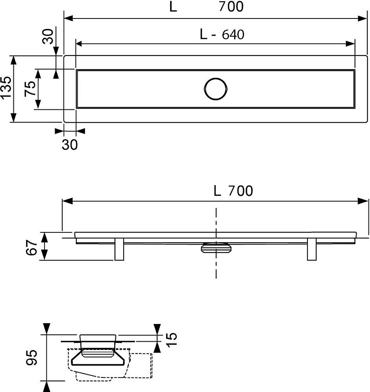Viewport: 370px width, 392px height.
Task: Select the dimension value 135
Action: pos(6,88)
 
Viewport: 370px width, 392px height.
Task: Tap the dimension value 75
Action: pos(30,89)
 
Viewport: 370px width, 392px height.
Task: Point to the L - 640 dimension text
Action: pos(222,34)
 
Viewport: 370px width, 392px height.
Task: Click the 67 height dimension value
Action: pos(31,247)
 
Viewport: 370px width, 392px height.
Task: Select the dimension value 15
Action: pos(172,339)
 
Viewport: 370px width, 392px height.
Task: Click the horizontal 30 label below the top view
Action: pos(70,145)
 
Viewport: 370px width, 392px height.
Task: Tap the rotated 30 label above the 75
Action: pos(48,37)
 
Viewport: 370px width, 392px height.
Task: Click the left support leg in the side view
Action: pos(119,249)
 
